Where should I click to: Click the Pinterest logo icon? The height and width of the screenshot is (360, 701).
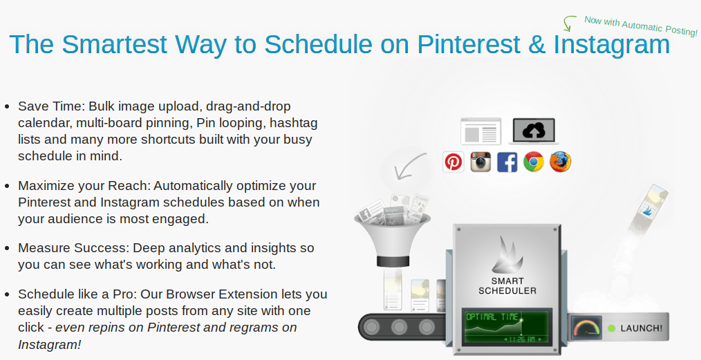(454, 161)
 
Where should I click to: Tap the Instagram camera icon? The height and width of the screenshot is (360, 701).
(480, 161)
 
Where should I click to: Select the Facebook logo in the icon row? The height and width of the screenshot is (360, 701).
(507, 161)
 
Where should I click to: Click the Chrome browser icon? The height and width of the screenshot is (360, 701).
(533, 161)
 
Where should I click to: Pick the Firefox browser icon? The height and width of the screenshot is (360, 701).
(560, 161)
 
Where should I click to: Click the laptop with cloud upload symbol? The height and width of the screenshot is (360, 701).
(534, 131)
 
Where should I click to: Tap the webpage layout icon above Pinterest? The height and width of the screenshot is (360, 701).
(481, 131)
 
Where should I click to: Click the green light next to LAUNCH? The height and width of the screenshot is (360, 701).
(612, 328)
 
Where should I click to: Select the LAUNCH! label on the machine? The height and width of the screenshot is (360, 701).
(642, 328)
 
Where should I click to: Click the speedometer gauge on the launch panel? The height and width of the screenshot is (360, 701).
(587, 328)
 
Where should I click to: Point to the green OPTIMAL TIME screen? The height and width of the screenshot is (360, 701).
(507, 327)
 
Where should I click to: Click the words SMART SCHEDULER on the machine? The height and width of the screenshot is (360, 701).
(507, 286)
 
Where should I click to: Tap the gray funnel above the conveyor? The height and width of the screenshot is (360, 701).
(392, 237)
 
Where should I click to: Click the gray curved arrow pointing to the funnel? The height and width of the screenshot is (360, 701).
(408, 166)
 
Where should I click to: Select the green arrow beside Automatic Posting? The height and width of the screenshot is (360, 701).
(568, 23)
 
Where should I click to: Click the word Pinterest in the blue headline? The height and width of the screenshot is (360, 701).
(469, 44)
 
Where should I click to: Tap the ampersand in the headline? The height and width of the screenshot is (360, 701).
(537, 44)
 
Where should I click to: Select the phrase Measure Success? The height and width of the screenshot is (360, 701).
(74, 248)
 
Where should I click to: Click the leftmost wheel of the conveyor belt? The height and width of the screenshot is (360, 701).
(372, 328)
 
